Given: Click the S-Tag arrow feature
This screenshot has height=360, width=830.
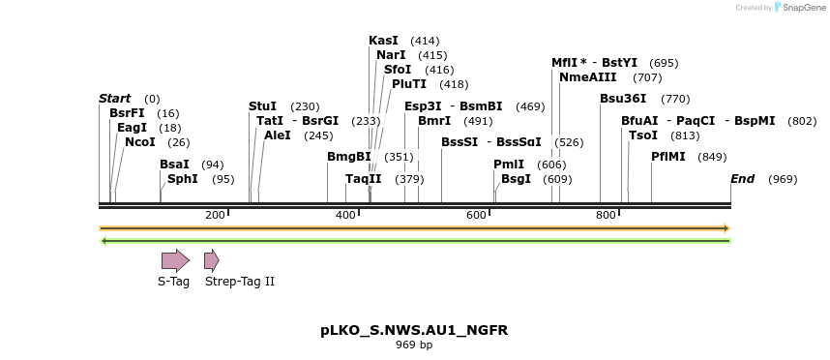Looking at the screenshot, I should [x=175, y=259].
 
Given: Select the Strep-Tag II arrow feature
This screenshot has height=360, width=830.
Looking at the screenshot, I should [x=211, y=259].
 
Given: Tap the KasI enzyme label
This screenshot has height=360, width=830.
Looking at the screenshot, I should [x=383, y=41].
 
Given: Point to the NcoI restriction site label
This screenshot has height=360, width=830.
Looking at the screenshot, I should [x=139, y=142].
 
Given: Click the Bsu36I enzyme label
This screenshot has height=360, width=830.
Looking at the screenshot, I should [x=623, y=99].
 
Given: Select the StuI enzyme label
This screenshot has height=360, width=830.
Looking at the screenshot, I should [x=262, y=106].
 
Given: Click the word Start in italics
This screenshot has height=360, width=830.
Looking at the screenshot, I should [x=114, y=99].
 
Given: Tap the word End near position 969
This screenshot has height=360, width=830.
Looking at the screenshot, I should [x=742, y=179].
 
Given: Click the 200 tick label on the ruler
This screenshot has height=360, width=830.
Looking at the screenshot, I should [x=215, y=214].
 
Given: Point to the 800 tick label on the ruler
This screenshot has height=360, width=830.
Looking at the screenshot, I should [x=606, y=214].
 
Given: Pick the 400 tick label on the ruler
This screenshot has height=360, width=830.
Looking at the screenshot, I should [x=345, y=214].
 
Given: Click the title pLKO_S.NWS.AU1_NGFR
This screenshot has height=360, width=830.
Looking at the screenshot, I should [x=414, y=330].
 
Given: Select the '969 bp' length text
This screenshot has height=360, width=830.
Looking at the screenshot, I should [x=414, y=345].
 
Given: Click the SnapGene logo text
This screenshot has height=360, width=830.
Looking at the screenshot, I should [x=803, y=8].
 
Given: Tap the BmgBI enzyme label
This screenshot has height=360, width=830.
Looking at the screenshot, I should [x=348, y=156].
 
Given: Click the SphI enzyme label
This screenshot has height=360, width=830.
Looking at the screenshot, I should [x=182, y=179].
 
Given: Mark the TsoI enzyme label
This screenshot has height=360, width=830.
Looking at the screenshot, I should [x=642, y=135].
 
